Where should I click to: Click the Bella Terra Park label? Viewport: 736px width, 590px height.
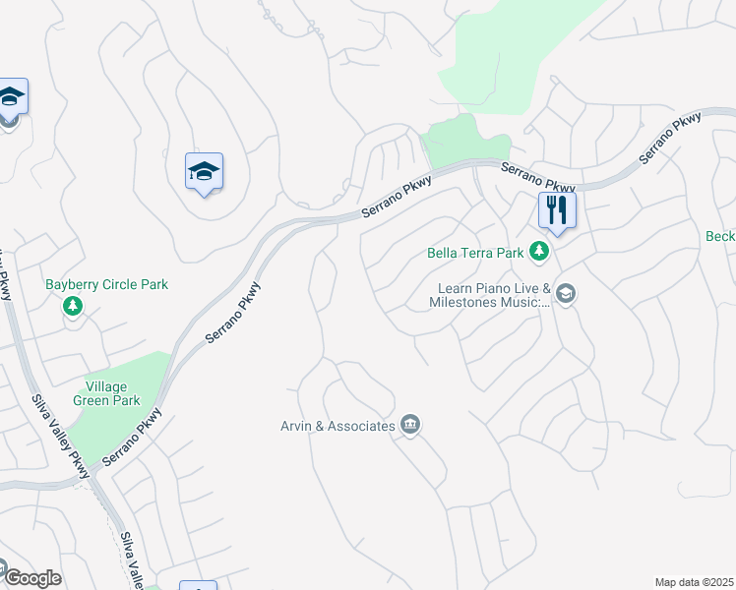475,253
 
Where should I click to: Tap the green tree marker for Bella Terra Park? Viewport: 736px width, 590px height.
539,253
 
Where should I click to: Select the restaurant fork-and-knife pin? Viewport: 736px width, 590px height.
557,210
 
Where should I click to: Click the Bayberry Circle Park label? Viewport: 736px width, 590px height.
106,285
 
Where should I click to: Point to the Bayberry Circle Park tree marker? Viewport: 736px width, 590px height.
72,307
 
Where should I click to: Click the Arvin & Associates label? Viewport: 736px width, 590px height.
337,426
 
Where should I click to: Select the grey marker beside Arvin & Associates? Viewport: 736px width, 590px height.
411,425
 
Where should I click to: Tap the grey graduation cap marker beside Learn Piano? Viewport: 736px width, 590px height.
565,293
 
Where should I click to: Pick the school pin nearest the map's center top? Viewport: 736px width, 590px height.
204,172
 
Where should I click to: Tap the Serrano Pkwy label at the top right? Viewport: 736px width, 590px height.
670,139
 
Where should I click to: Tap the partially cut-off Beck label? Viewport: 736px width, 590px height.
720,237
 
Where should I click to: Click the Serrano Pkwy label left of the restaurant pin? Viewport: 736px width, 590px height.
537,178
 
